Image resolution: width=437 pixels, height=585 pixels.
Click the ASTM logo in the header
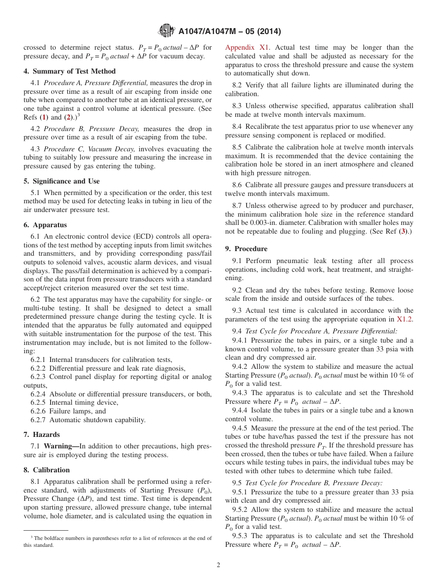(x=167, y=31)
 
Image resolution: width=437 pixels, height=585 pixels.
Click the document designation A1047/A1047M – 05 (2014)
(x=229, y=31)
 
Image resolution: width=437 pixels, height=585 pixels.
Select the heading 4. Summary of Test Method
(x=69, y=71)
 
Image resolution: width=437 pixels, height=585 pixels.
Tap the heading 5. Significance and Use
(x=62, y=181)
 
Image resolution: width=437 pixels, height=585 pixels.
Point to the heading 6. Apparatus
(x=45, y=225)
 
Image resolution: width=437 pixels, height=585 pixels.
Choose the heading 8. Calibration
(x=46, y=470)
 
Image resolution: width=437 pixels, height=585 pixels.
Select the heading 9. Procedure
(x=246, y=249)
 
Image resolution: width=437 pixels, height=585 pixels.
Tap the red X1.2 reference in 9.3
(x=405, y=319)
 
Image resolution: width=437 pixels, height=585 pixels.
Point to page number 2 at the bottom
(x=218, y=565)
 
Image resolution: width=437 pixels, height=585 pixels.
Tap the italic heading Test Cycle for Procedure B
(x=301, y=483)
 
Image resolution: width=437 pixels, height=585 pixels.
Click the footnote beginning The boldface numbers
(x=117, y=541)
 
